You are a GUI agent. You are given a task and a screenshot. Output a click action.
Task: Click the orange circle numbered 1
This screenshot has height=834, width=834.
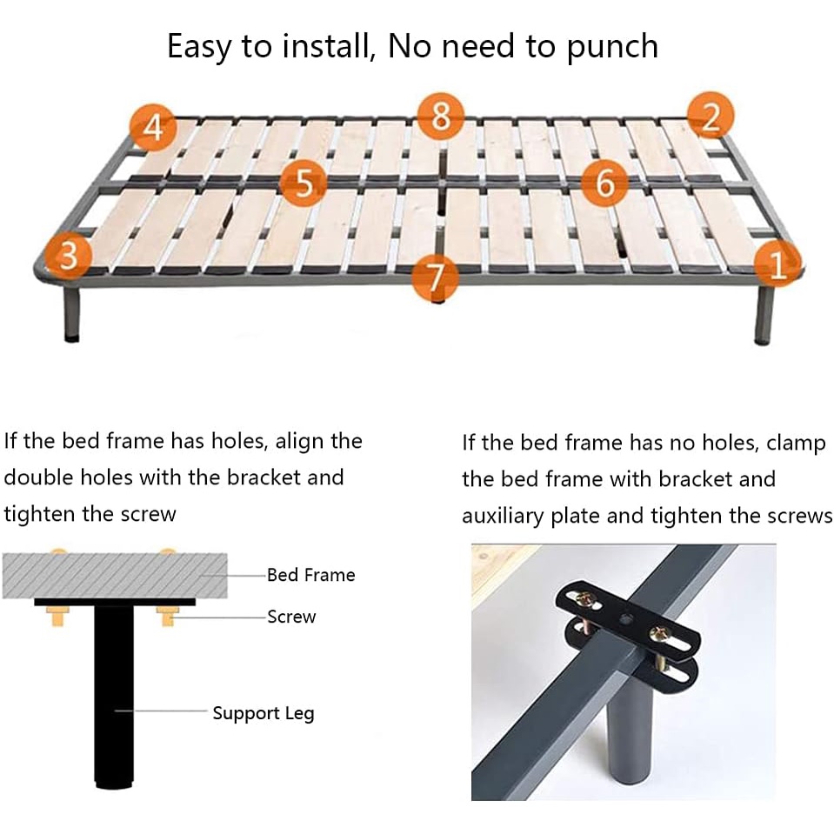pyautogui.click(x=777, y=264)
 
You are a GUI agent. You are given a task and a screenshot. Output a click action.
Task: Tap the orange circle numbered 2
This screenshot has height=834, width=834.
pyautogui.click(x=711, y=116)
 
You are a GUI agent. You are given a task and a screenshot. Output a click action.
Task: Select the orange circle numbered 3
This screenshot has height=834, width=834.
pyautogui.click(x=68, y=256)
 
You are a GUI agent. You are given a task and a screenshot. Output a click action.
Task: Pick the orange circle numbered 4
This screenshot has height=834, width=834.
pyautogui.click(x=153, y=128)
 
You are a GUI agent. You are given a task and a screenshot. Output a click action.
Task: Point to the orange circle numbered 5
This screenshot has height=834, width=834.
pyautogui.click(x=304, y=183)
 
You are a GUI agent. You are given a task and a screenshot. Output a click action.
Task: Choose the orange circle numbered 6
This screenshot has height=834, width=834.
pyautogui.click(x=604, y=183)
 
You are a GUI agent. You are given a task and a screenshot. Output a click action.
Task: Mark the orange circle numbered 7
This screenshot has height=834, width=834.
pyautogui.click(x=435, y=277)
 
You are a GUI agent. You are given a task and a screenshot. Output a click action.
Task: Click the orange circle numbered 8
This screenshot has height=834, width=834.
pyautogui.click(x=440, y=116)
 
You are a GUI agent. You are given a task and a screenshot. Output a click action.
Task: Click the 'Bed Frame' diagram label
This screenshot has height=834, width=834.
pyautogui.click(x=310, y=575)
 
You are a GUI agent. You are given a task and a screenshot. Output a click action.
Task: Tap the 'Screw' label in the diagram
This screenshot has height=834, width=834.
pyautogui.click(x=291, y=617)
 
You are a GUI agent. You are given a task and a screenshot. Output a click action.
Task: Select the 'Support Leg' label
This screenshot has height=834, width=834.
pyautogui.click(x=264, y=714)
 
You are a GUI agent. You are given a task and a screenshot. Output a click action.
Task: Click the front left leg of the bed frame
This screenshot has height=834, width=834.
pyautogui.click(x=72, y=313)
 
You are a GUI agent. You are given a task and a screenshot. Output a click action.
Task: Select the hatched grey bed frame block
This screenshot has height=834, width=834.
pyautogui.click(x=115, y=576)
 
